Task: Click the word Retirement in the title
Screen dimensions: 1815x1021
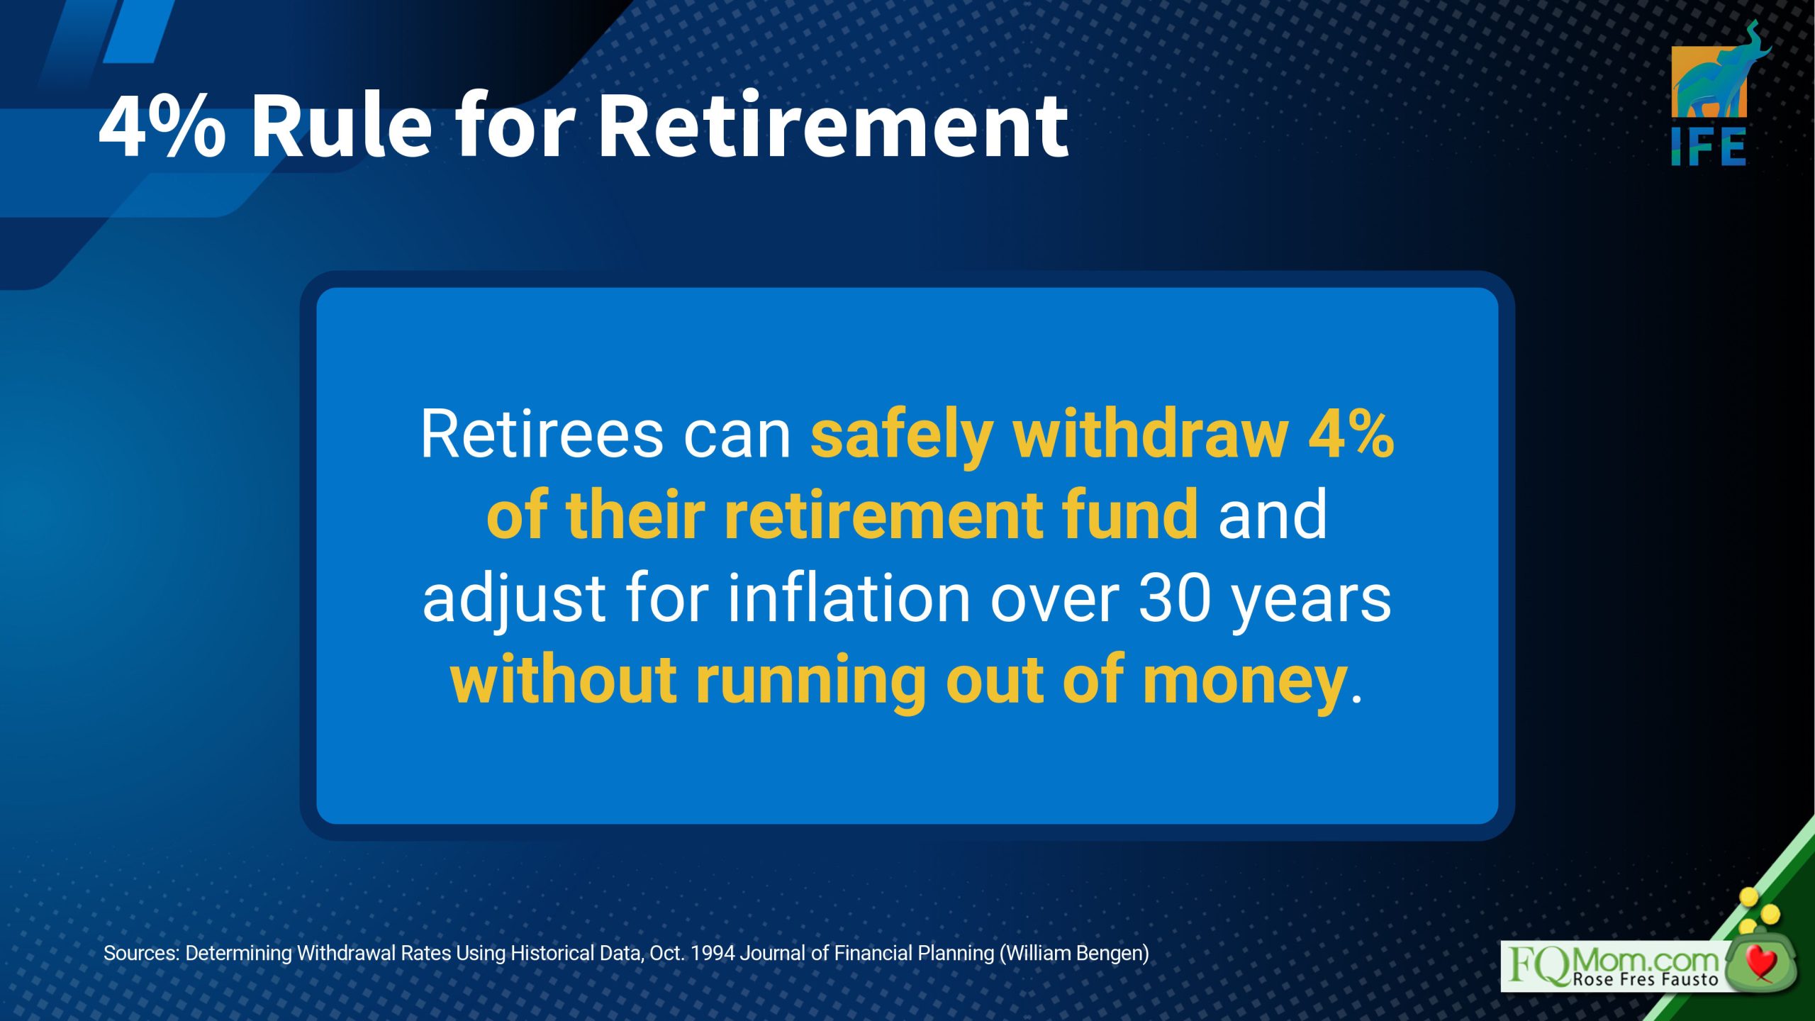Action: click(x=834, y=126)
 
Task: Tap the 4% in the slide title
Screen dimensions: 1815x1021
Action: click(x=162, y=125)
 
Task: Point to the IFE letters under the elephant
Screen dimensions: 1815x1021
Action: click(x=1709, y=147)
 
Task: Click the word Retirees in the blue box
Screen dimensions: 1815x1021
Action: click(x=542, y=434)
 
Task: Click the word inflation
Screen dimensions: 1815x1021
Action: click(x=849, y=598)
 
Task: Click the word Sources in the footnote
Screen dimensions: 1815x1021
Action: click(x=141, y=953)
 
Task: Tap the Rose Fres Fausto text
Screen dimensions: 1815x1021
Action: click(x=1646, y=980)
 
